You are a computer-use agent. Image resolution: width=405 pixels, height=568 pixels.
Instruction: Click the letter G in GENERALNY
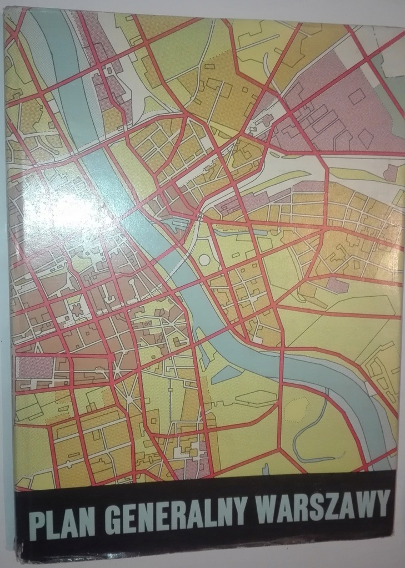click(112, 519)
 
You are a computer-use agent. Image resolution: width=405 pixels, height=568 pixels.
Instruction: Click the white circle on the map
click(204, 260)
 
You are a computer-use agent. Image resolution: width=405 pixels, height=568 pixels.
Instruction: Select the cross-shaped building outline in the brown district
click(77, 310)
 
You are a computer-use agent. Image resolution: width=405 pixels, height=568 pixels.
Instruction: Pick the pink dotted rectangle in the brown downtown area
click(28, 366)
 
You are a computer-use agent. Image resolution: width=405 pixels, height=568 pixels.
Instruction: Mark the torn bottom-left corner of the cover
click(21, 549)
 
